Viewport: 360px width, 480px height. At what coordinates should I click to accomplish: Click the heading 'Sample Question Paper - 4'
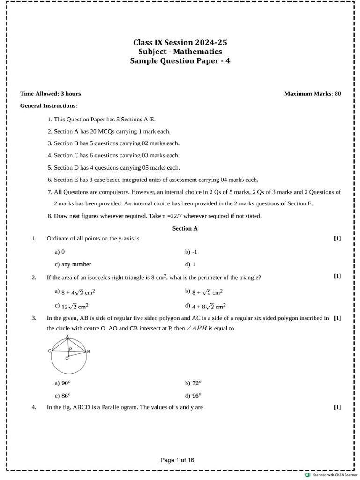[180, 61]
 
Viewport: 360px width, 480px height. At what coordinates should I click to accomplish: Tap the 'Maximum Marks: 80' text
[313, 94]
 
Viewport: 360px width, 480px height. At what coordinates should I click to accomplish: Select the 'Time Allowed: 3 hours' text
[51, 94]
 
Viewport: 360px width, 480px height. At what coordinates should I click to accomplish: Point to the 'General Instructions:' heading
[49, 106]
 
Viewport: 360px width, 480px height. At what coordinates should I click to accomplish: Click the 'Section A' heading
[185, 228]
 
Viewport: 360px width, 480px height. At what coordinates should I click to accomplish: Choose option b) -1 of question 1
[191, 252]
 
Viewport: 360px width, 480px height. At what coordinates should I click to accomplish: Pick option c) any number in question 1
[73, 264]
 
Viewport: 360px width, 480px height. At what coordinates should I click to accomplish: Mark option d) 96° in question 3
[192, 395]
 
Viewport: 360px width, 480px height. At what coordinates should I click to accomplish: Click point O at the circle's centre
[67, 359]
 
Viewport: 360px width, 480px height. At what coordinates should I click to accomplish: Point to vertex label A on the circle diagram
[68, 337]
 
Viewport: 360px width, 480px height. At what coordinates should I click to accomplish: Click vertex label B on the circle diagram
[89, 351]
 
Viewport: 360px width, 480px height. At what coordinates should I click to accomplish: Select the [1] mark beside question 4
[337, 407]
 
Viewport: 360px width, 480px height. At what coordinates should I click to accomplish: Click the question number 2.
[34, 277]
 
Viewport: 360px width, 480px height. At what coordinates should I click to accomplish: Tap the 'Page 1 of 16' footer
[177, 460]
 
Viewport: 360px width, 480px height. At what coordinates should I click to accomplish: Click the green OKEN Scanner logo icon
[307, 475]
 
